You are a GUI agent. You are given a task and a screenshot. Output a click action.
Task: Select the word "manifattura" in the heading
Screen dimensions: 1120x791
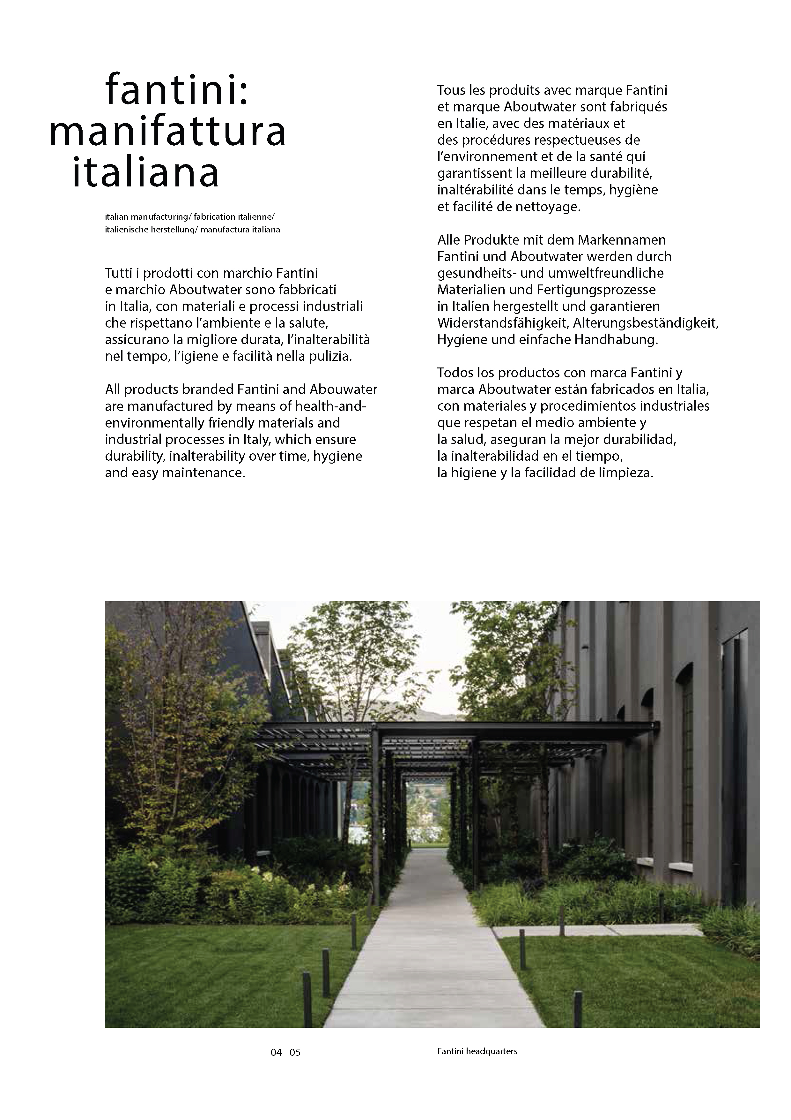pyautogui.click(x=168, y=132)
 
